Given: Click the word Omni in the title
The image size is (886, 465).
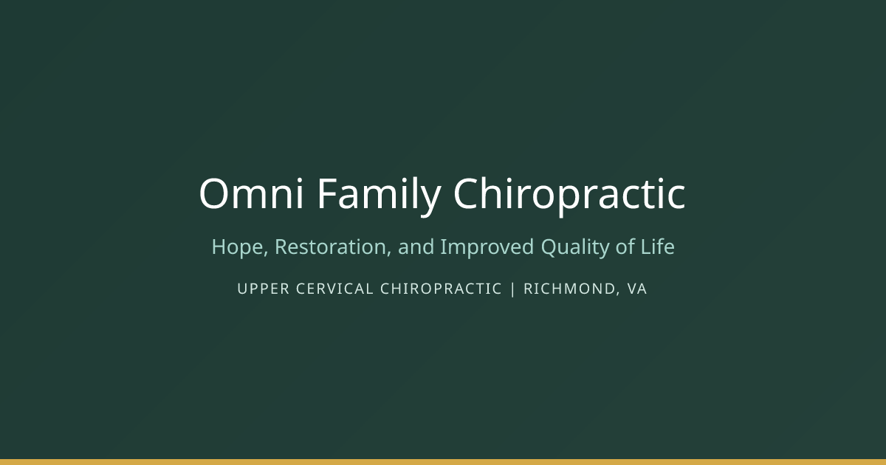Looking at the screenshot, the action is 251,193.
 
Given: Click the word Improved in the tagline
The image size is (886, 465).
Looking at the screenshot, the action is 487,247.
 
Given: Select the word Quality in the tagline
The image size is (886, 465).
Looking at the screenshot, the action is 575,248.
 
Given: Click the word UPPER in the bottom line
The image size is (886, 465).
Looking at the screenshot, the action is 264,289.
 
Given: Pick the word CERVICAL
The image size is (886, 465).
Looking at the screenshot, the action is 334,289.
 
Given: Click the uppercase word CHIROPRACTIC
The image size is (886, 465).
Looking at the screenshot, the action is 441,289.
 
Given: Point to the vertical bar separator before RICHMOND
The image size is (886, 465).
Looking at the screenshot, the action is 513,289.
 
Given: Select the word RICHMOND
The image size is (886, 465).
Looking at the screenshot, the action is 569,289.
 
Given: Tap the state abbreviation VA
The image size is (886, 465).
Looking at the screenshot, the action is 636,289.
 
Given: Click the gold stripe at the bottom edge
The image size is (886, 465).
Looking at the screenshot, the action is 443,462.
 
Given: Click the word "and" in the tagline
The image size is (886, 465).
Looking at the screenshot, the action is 416,247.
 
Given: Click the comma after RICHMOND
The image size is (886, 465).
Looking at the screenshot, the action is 618,294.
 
